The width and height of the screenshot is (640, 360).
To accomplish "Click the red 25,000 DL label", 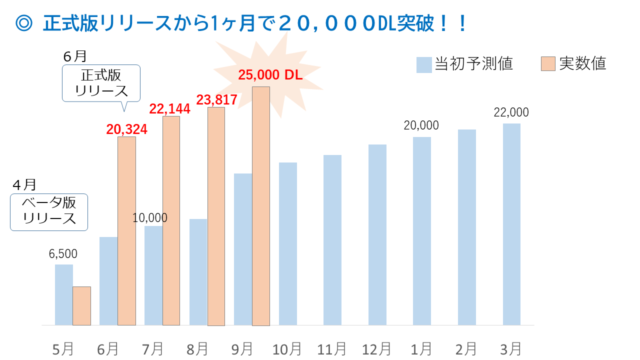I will [270, 75].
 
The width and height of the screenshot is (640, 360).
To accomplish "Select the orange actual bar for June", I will [126, 230].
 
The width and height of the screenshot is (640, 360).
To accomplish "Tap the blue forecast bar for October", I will [287, 243].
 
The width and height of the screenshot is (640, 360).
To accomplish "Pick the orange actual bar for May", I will [81, 305].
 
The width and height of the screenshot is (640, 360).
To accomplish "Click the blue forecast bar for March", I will [511, 224].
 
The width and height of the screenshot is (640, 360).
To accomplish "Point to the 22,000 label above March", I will [511, 112].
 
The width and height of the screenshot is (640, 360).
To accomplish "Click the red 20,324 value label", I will [126, 129].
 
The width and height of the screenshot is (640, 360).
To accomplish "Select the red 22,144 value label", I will [170, 109].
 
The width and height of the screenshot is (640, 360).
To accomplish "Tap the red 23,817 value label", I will [216, 100].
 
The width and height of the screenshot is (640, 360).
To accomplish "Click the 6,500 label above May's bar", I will [63, 254].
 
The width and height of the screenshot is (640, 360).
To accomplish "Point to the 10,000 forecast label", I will [150, 217].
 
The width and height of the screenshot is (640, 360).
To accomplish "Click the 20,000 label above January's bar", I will [421, 125].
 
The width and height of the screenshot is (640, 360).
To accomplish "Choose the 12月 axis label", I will [377, 348].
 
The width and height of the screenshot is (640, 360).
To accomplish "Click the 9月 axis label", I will [242, 348].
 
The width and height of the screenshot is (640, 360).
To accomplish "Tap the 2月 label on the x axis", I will [466, 348].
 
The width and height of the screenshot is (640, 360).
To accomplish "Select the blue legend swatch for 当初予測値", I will [424, 64].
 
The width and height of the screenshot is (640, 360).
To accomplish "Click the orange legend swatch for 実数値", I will [548, 64].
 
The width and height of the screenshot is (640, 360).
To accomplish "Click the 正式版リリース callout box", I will [101, 83].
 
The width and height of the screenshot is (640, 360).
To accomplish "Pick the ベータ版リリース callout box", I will [49, 211].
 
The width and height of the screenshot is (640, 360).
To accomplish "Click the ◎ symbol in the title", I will [24, 23].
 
